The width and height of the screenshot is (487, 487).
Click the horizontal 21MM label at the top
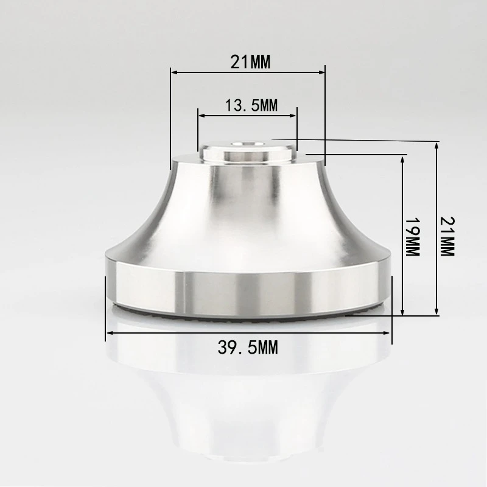tap(250, 61)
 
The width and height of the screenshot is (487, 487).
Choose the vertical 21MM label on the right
tap(447, 236)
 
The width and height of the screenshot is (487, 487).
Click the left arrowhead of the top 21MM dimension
tap(173, 72)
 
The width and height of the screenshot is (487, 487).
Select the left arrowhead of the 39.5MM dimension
tap(110, 333)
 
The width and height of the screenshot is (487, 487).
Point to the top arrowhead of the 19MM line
tap(402, 157)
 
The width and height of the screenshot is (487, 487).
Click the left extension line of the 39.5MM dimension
tap(107, 304)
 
